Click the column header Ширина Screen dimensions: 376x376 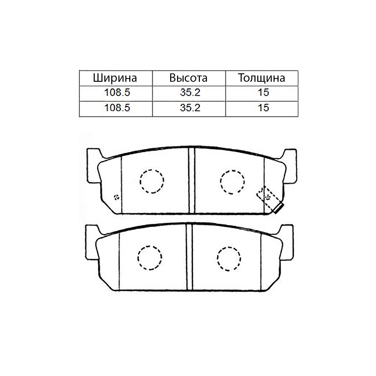115,78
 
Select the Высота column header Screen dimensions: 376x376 188,78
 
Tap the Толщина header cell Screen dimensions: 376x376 261,78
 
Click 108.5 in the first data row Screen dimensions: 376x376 117,92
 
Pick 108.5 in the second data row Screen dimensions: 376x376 117,108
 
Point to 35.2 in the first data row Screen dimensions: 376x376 190,92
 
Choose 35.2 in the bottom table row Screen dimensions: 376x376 190,108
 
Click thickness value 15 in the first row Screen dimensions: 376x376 264,92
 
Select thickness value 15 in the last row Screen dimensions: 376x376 264,108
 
